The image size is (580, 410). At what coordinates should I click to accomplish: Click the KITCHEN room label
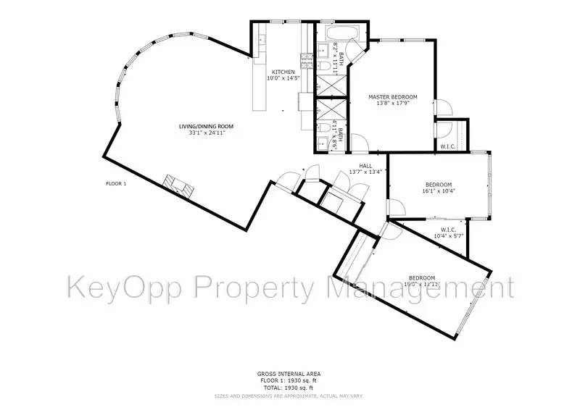point(283,72)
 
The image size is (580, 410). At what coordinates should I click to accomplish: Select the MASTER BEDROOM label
point(392,97)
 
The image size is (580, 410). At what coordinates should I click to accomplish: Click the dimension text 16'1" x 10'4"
point(439,191)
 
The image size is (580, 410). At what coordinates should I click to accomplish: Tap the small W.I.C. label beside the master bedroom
point(448,147)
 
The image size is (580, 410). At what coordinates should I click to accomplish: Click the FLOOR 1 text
point(116,183)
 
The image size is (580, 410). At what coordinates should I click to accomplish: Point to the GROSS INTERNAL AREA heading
point(290,374)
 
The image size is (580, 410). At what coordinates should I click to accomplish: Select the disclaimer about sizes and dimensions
point(290,396)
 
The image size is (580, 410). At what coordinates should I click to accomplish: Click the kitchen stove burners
point(305,64)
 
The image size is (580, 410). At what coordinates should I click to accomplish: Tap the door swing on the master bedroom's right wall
point(444,110)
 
